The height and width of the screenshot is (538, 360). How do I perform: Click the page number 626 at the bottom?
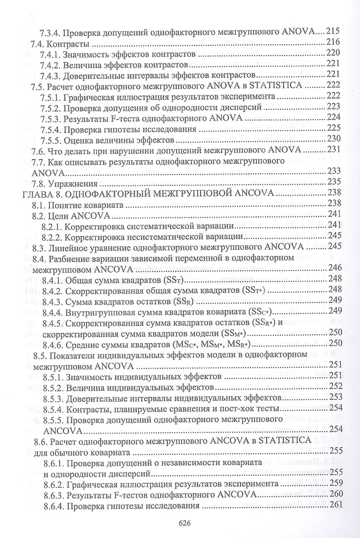click(x=184, y=522)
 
